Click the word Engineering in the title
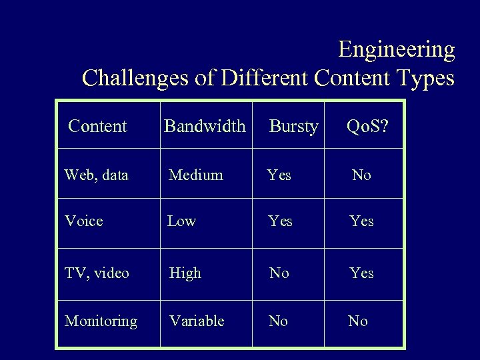pos(396,50)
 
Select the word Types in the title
pos(424,79)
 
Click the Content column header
pos(97,126)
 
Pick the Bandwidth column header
pos(205,126)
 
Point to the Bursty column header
pos(293,127)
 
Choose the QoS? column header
pos(365,126)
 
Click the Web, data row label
pos(97,175)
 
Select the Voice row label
pos(84,221)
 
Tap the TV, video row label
pos(97,273)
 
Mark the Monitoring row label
pos(101,321)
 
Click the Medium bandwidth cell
pos(196,175)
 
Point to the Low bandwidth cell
pos(181,221)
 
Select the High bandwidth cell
pos(185,273)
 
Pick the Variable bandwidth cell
pos(197,321)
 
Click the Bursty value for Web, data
pos(279,175)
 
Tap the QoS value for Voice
pos(362,221)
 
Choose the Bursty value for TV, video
pos(279,273)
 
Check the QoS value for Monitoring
pos(358,321)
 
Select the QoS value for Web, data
pos(361,175)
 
